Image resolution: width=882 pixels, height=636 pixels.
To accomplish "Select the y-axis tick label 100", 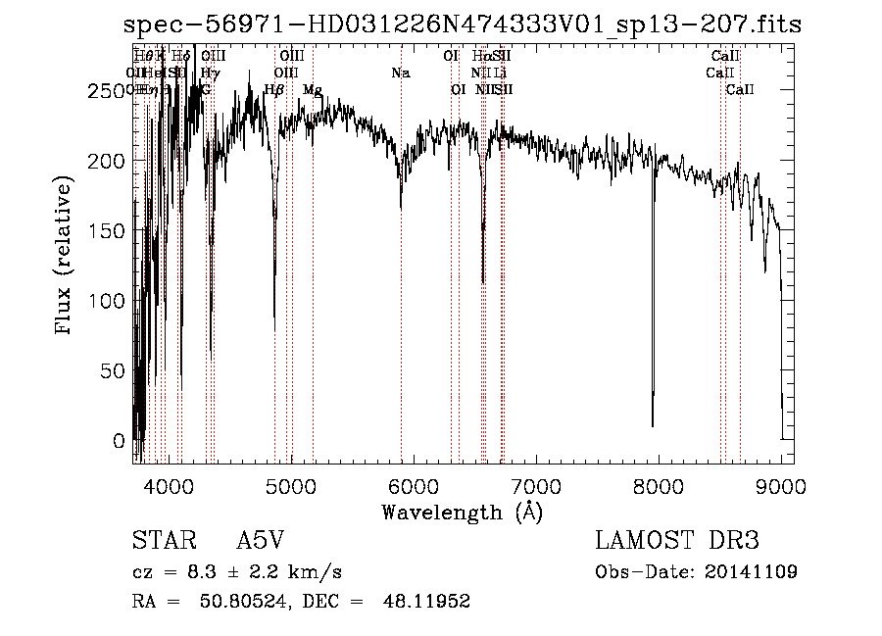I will [x=112, y=301].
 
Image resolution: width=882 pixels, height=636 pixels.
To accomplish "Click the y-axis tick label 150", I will [x=112, y=231].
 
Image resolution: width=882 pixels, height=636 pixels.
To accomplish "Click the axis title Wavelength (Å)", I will [x=462, y=512].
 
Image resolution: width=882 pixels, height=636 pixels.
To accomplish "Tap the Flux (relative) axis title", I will [x=65, y=257].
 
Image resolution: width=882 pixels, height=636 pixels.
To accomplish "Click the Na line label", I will [x=400, y=73].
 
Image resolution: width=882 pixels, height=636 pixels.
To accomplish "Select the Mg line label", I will [x=313, y=89].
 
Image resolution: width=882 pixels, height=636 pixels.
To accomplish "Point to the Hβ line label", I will [x=274, y=89].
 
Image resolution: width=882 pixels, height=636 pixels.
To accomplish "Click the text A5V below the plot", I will [x=262, y=540].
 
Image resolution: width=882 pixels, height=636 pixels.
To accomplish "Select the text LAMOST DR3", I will [x=677, y=540].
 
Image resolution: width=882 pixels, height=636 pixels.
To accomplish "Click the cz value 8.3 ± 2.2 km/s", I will [x=253, y=571].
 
